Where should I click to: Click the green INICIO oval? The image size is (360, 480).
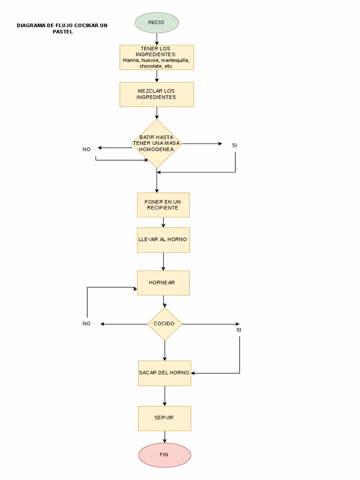tap(157, 22)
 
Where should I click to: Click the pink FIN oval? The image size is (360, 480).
tap(164, 455)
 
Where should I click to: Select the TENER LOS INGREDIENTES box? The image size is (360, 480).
tap(157, 57)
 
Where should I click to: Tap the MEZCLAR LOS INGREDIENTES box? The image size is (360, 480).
tap(157, 94)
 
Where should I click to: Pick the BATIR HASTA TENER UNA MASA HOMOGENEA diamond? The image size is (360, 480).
tap(157, 143)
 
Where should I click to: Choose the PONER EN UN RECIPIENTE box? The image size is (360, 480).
tap(163, 205)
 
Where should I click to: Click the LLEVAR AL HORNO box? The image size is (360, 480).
tap(163, 240)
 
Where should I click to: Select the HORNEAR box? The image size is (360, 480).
tap(163, 283)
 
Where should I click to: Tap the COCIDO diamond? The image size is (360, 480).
tap(164, 324)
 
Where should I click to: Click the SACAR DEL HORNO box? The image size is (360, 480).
tap(164, 373)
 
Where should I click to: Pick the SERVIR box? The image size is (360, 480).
tap(164, 418)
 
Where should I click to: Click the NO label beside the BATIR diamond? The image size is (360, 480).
tap(86, 150)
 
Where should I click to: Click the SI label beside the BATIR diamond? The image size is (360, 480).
tap(234, 145)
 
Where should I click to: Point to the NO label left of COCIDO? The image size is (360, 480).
tap(86, 324)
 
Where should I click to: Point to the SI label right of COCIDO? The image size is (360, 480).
tap(239, 330)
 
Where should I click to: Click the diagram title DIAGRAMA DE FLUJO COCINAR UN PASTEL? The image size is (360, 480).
tap(62, 29)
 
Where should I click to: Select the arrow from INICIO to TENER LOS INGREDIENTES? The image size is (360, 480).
tap(157, 39)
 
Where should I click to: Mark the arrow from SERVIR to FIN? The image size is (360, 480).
tap(165, 436)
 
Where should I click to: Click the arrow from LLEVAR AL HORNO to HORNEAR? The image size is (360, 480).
tap(163, 261)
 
